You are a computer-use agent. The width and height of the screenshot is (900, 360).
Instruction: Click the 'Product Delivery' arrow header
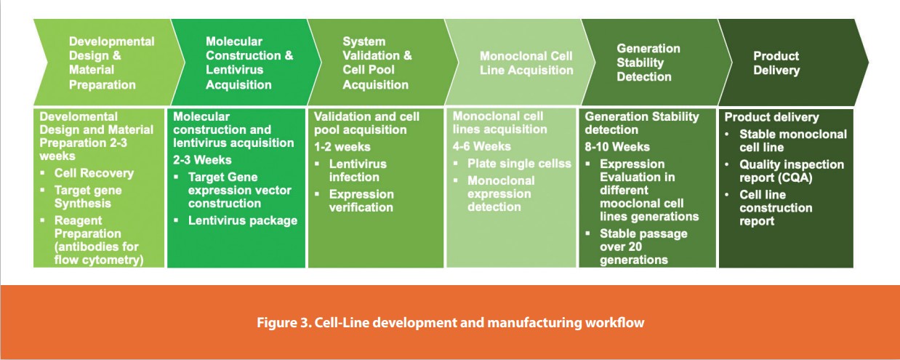pyautogui.click(x=776, y=63)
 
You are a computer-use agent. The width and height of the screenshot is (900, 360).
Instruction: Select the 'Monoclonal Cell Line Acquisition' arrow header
pyautogui.click(x=526, y=63)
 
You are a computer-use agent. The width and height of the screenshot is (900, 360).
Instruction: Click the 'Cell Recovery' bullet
pyautogui.click(x=94, y=173)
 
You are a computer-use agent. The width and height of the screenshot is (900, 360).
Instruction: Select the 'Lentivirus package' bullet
pyautogui.click(x=242, y=220)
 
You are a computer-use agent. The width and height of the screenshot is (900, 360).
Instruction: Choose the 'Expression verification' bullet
pyautogui.click(x=361, y=201)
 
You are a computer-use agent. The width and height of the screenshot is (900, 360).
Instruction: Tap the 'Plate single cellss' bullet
pyautogui.click(x=519, y=164)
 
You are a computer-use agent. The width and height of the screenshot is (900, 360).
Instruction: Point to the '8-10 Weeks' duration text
pyautogui.click(x=617, y=147)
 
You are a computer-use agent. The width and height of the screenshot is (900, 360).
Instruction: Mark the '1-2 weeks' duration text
pyautogui.click(x=342, y=147)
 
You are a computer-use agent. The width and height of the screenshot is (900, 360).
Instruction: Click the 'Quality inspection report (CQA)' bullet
pyautogui.click(x=791, y=172)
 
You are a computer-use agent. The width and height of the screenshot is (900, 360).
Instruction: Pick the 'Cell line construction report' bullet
pyautogui.click(x=776, y=208)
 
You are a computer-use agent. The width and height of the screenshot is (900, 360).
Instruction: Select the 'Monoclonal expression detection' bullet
pyautogui.click(x=501, y=193)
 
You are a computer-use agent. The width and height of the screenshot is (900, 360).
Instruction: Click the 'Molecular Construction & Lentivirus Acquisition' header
pyautogui.click(x=249, y=63)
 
